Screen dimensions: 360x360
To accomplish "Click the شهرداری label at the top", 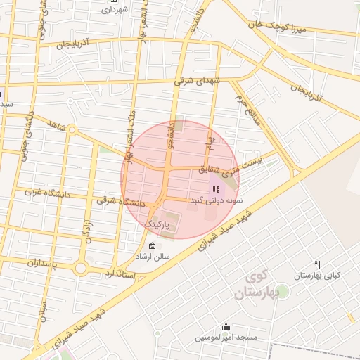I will point(115,11).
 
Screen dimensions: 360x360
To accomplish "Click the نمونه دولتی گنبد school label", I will point(215,200).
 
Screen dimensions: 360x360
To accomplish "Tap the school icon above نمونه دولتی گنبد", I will point(215,189).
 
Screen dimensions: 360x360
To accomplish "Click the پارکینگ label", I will point(158,223).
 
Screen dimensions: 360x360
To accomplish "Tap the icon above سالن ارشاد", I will point(152,245).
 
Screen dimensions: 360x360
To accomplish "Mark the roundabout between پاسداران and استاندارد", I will point(80,268).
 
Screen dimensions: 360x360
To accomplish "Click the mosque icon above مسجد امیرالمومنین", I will point(226,326).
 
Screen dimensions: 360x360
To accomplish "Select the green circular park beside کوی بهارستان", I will point(285,290).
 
